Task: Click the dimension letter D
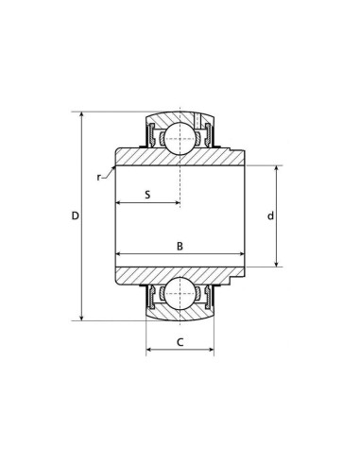pos(75,215)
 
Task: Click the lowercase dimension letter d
pos(270,215)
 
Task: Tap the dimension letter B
pos(180,246)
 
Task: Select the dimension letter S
pos(147,195)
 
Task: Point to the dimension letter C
pos(180,342)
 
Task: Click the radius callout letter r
pos(98,178)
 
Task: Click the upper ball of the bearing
pos(180,138)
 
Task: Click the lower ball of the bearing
pos(180,294)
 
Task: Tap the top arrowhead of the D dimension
pos(82,115)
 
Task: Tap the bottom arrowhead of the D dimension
pos(82,318)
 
